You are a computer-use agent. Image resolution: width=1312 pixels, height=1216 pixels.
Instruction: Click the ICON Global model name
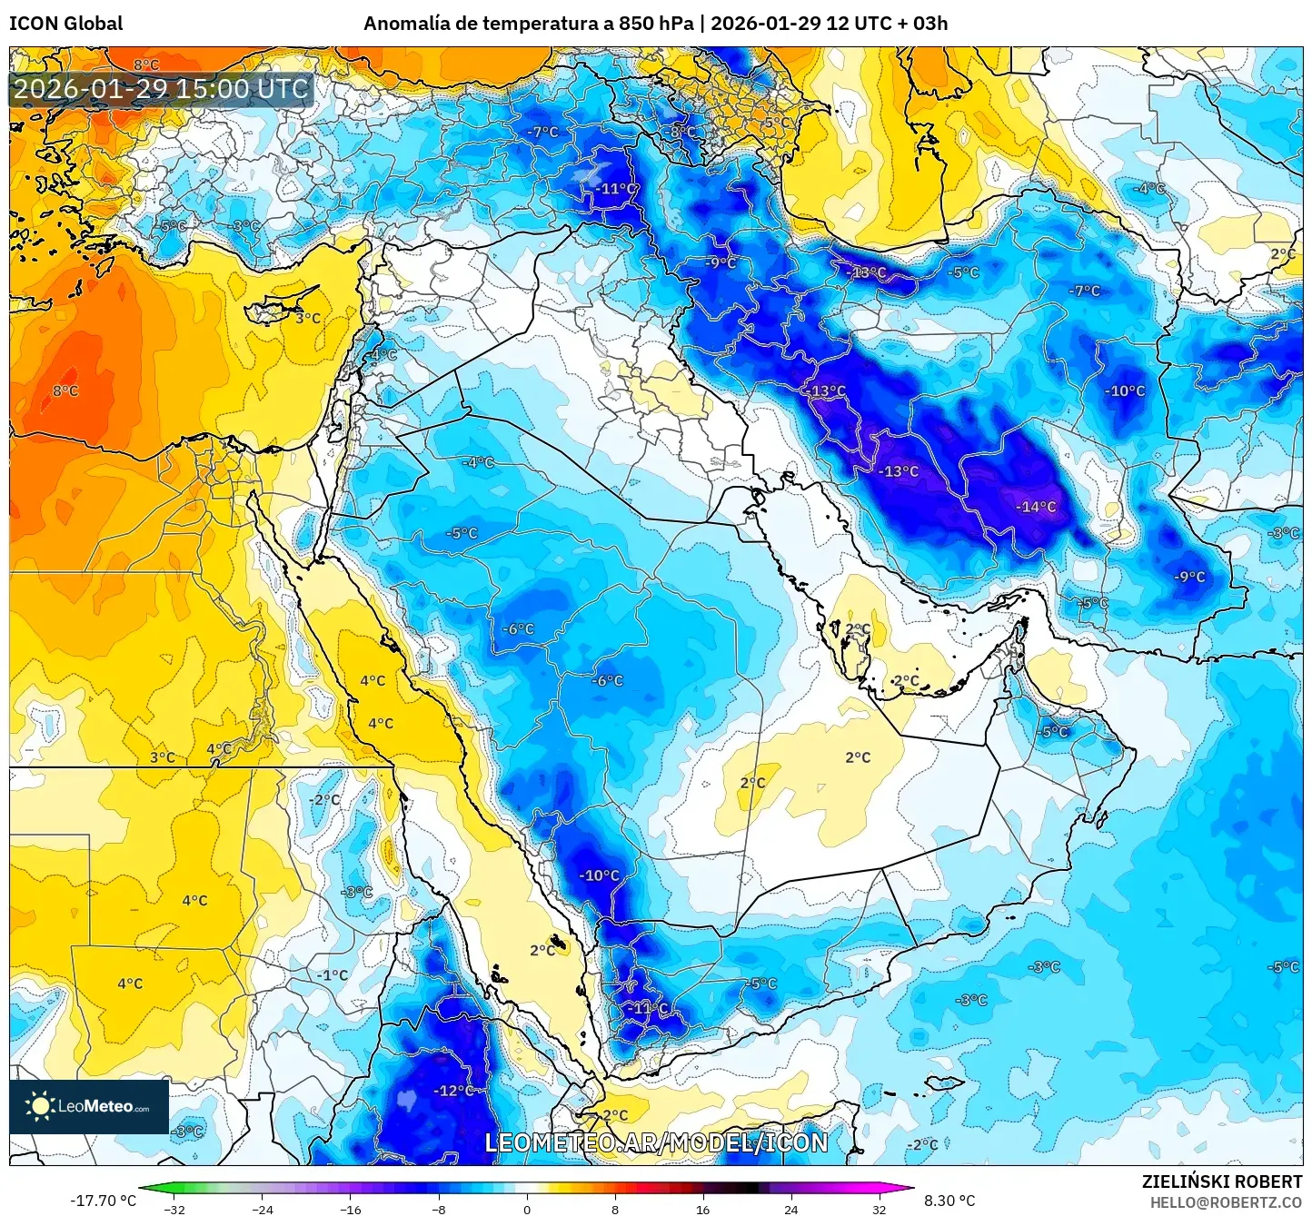point(65,24)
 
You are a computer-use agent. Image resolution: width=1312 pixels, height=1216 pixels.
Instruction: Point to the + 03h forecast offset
point(922,24)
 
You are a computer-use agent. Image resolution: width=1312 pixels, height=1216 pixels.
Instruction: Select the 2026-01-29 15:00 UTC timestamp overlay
point(161,89)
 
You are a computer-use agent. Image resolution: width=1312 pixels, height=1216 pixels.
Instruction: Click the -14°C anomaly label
point(1036,507)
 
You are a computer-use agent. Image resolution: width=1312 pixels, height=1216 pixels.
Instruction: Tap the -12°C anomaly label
point(453,1091)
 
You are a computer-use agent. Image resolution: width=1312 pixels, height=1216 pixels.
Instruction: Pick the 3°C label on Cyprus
point(308,319)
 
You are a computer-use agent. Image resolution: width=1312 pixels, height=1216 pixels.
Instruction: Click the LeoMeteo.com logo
point(89,1106)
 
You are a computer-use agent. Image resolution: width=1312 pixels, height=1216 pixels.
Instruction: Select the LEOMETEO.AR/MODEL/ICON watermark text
point(656,1142)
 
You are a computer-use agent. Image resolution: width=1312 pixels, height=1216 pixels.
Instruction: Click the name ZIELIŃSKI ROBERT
point(1221,1181)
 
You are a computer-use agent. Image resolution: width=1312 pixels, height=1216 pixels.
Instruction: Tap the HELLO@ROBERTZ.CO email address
point(1226,1202)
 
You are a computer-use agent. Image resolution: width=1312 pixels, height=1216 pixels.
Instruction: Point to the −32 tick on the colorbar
point(174,1209)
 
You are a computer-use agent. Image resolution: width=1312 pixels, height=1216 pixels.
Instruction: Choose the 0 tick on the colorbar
point(527,1209)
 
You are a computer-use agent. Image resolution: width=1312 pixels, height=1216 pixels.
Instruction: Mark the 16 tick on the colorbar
point(702,1209)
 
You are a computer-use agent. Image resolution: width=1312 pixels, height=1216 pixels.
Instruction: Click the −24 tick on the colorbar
point(263,1209)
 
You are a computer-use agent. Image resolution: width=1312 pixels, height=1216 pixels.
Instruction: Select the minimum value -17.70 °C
point(103,1201)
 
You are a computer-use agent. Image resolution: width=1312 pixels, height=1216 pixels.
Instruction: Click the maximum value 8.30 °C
point(949,1201)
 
